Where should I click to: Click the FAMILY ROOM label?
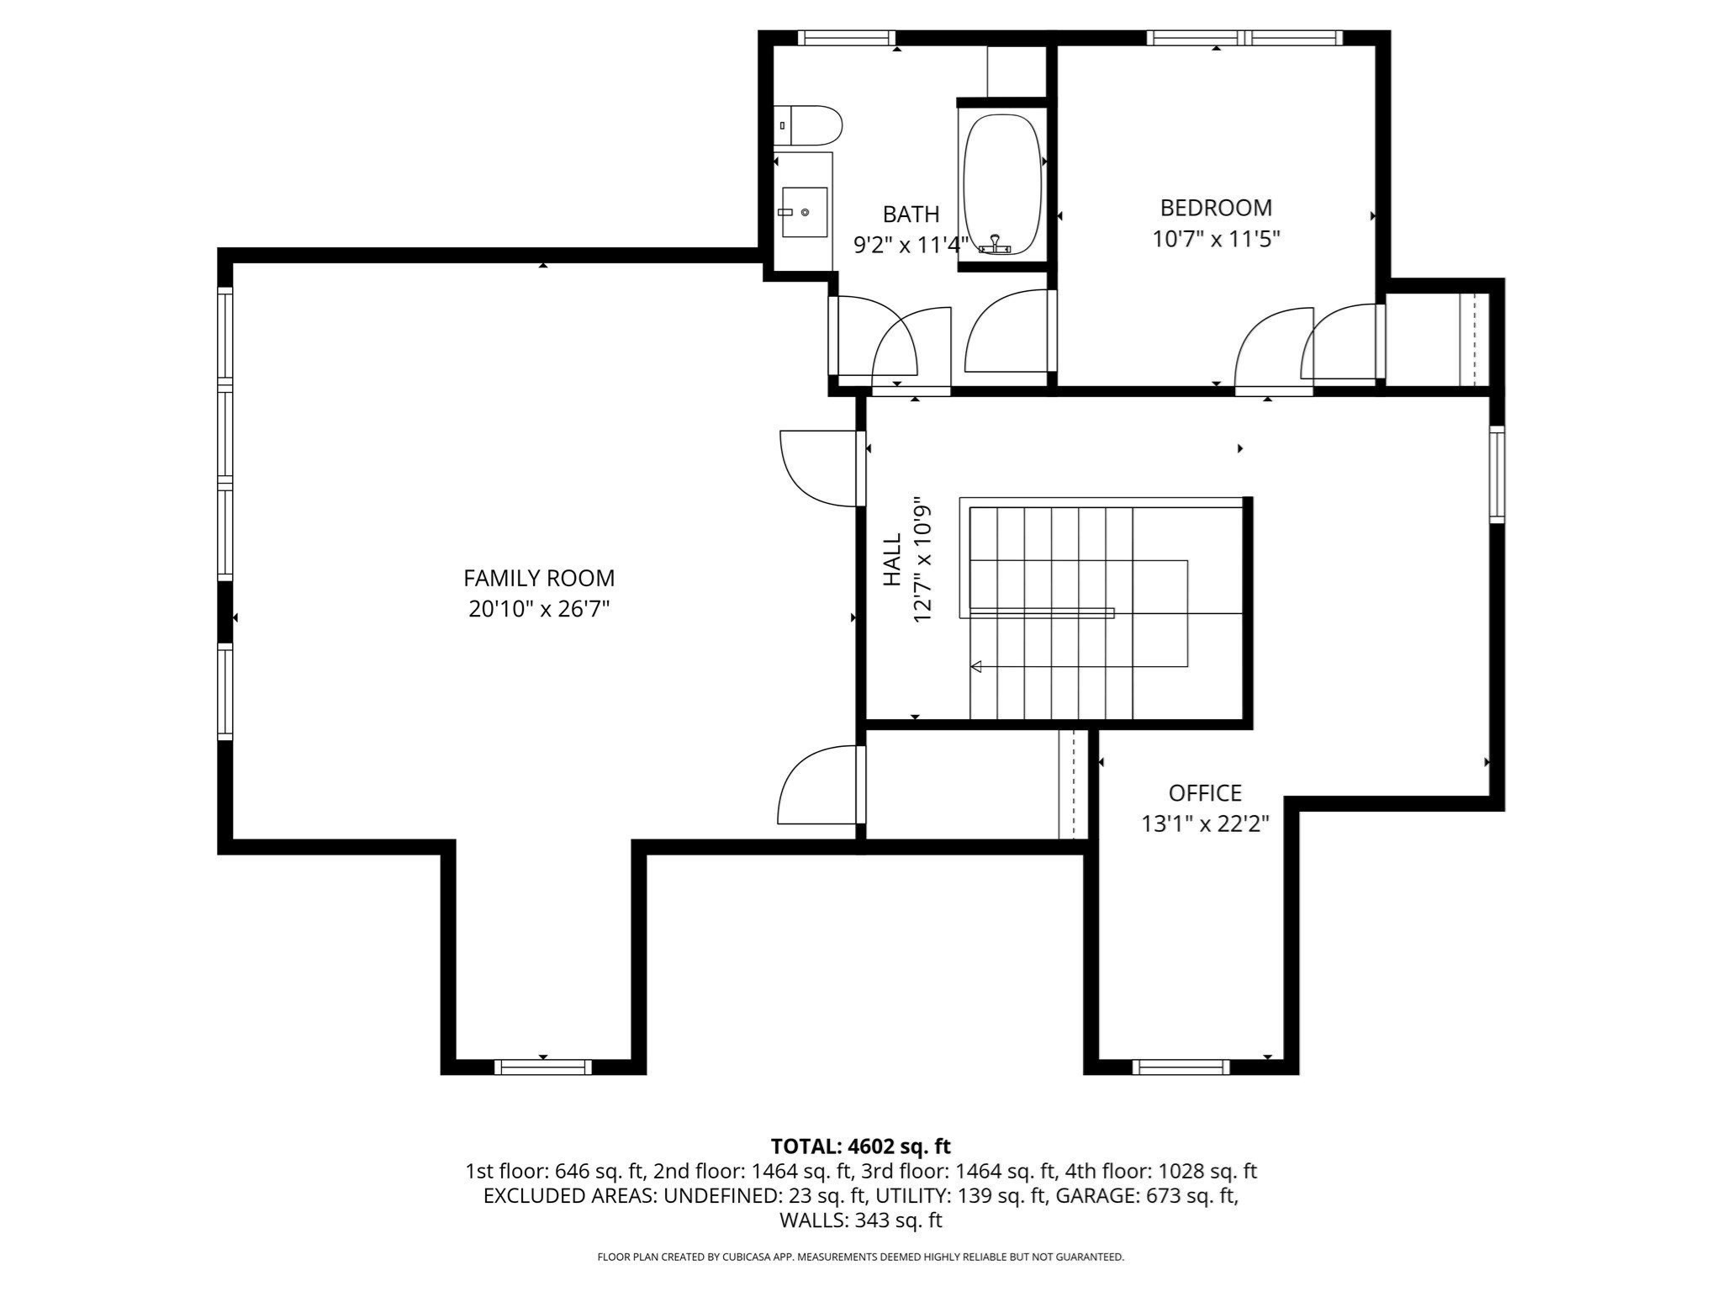tap(539, 578)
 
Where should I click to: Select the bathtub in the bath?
tap(1001, 183)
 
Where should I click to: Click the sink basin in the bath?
tap(804, 212)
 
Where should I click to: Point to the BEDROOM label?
tap(1216, 208)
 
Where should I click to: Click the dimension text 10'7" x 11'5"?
tap(1216, 240)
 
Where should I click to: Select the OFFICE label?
tap(1204, 792)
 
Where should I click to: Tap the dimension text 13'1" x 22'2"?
tap(1204, 823)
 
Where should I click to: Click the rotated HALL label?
tap(893, 559)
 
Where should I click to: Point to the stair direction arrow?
tap(977, 667)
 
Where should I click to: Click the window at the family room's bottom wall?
tap(542, 1067)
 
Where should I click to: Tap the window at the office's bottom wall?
tap(1181, 1067)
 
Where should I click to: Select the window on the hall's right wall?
tap(1497, 474)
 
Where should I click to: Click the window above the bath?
tap(846, 37)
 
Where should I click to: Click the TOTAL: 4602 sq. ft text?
tap(860, 1146)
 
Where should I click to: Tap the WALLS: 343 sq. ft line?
tap(860, 1220)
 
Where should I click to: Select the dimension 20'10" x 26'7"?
tap(539, 609)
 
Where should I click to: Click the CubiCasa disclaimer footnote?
tap(860, 1257)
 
